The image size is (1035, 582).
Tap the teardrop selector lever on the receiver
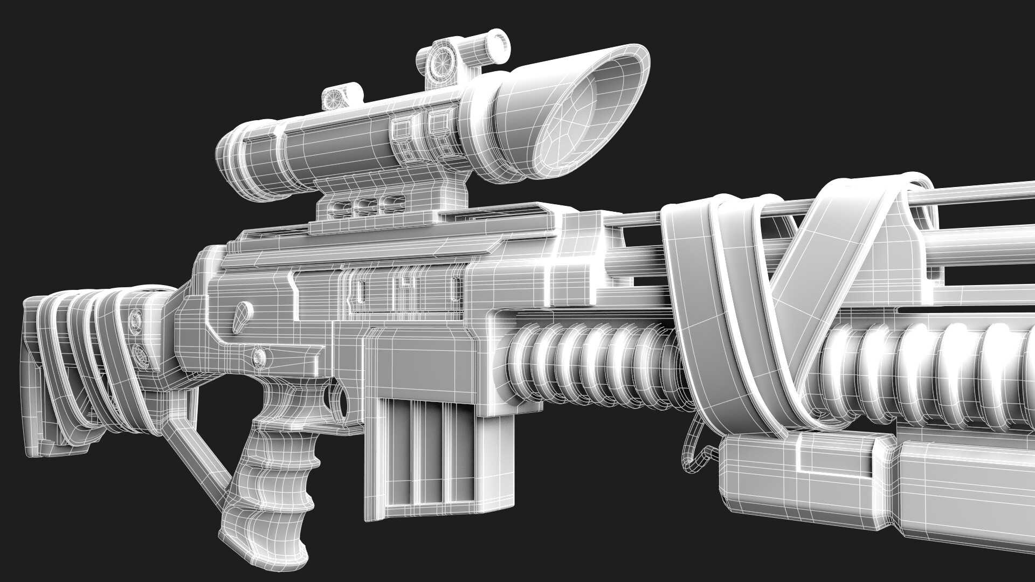coord(244,315)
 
